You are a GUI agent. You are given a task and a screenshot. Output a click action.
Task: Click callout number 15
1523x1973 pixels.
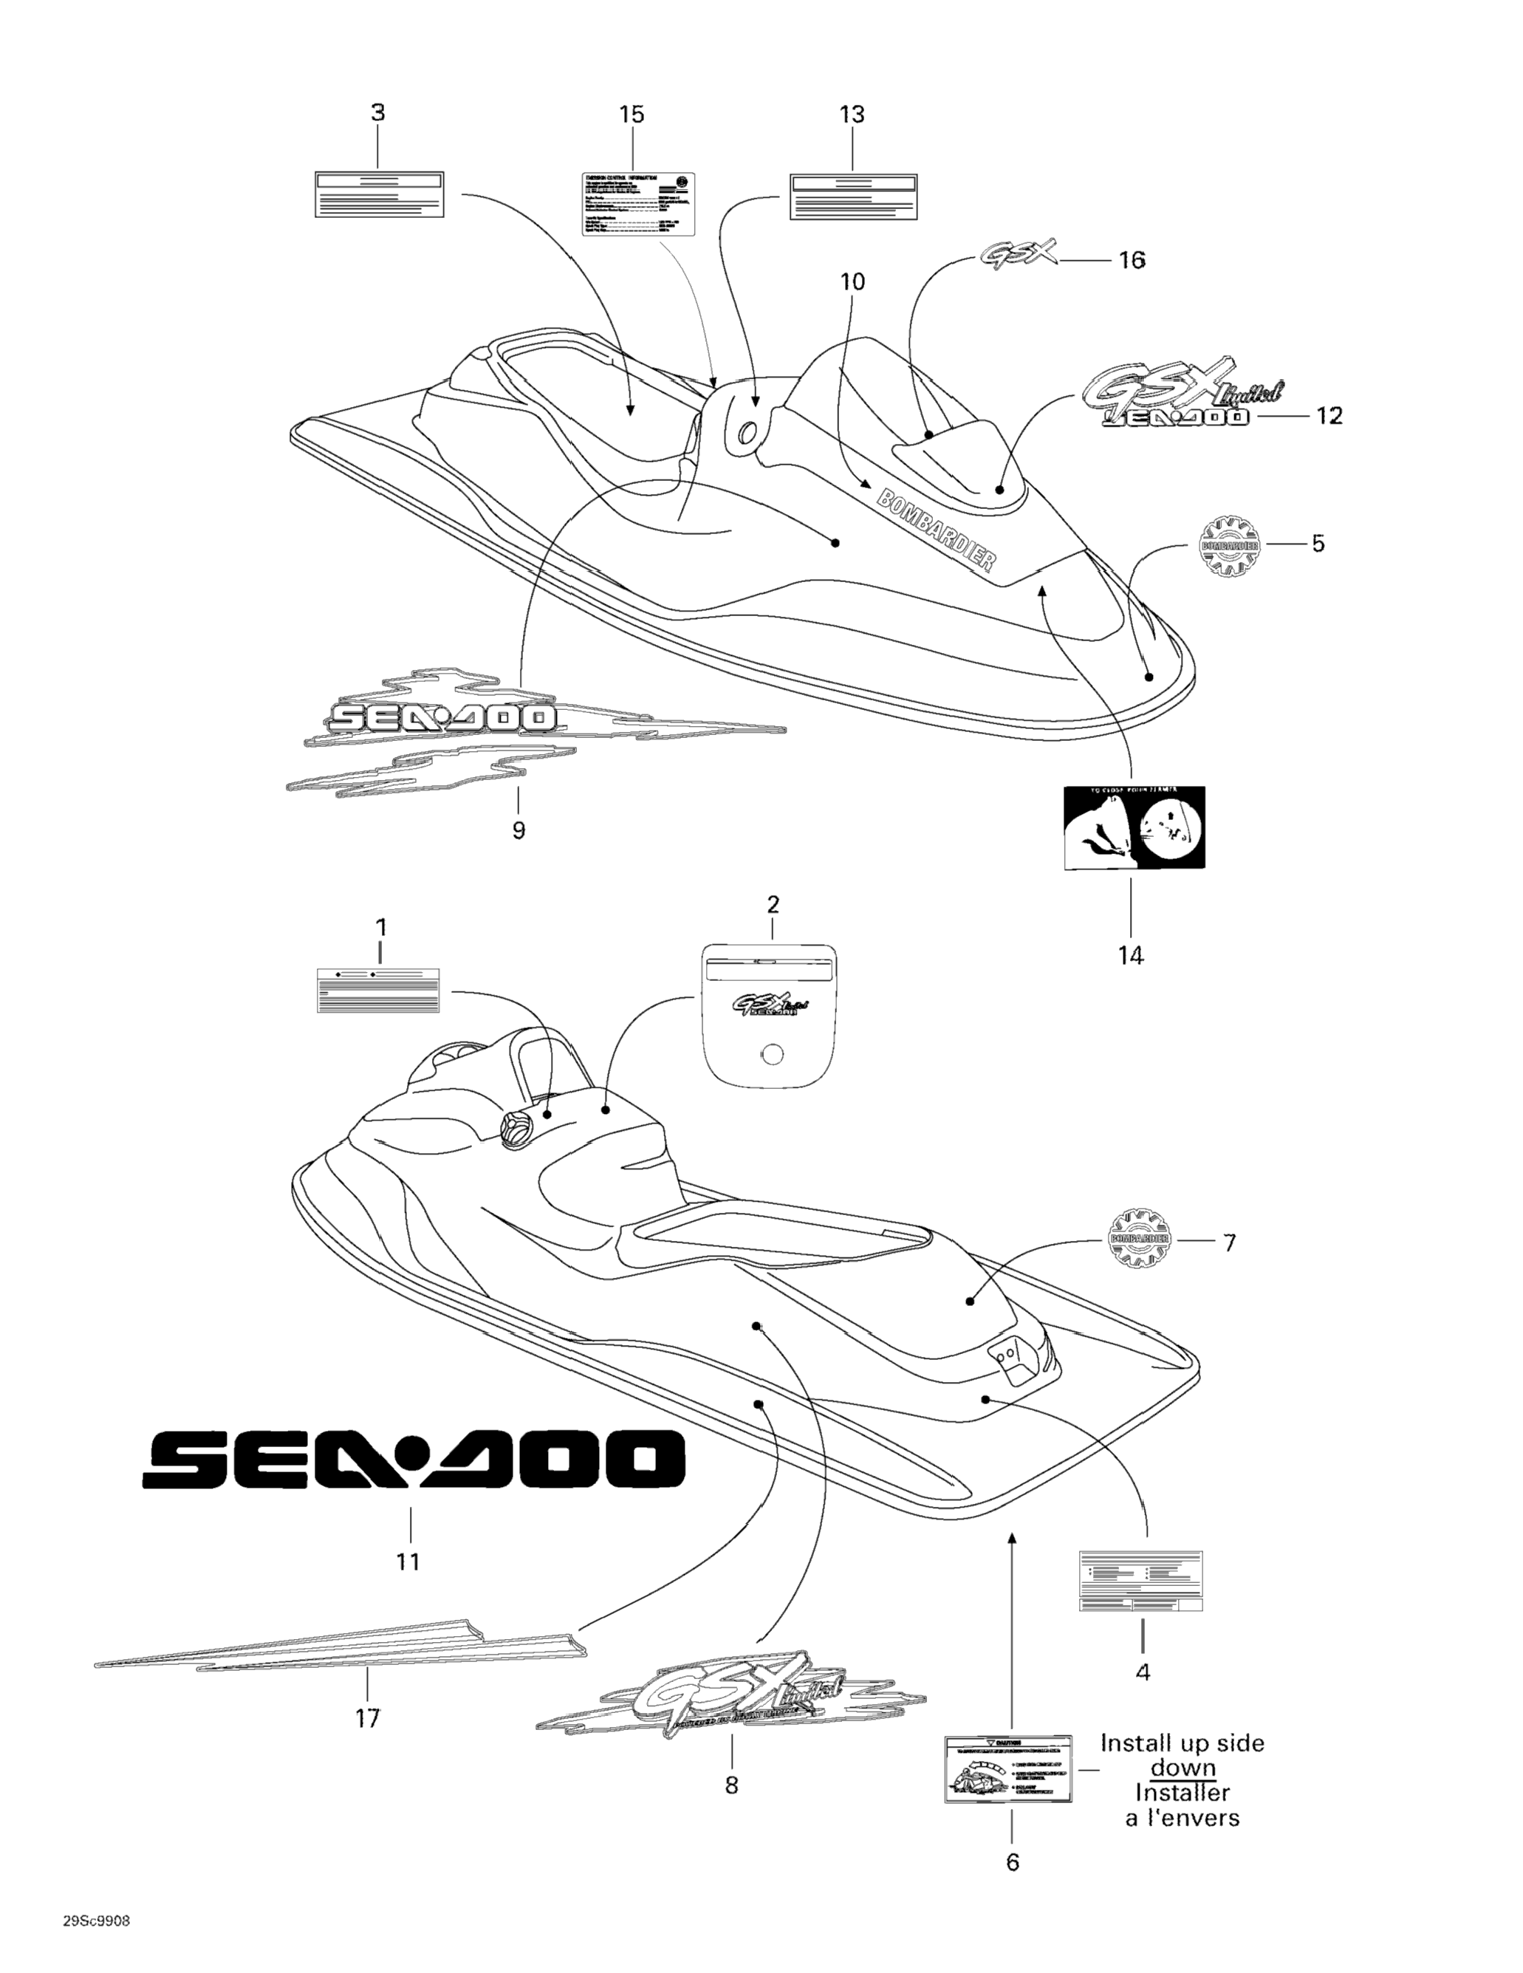tap(632, 114)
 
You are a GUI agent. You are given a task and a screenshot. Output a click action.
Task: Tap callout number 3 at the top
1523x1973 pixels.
tap(377, 113)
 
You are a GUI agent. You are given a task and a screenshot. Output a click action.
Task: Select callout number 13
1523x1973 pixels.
tap(852, 114)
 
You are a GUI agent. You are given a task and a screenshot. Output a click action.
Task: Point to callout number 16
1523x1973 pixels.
tap(1132, 260)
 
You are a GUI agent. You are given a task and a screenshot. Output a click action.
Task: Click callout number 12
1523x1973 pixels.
tap(1329, 416)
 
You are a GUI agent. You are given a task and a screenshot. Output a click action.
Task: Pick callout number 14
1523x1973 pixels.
tap(1131, 955)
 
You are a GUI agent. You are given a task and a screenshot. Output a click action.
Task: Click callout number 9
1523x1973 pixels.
tap(518, 830)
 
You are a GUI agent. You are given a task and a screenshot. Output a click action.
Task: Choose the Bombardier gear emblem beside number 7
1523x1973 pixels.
tap(1138, 1239)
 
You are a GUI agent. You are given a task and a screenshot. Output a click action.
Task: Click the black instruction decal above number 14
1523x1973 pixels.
tap(1134, 827)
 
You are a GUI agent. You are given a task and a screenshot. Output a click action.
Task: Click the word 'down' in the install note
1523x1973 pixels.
tap(1183, 1768)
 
